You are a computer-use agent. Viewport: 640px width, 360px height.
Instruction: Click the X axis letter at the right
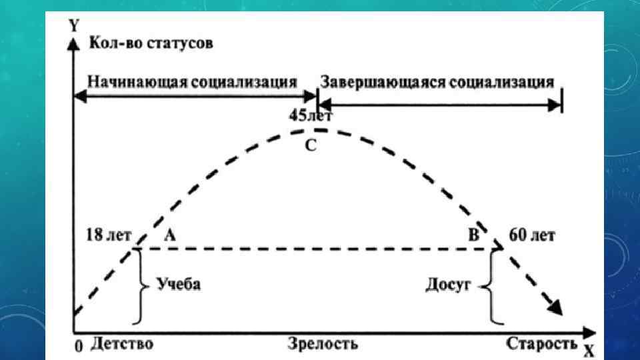(589, 350)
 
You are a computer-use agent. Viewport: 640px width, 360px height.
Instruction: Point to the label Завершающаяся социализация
(437, 82)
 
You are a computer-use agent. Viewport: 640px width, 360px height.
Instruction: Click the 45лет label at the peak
(311, 115)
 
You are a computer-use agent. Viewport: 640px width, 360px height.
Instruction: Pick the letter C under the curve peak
(311, 146)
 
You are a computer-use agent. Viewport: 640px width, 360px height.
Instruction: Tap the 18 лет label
(109, 235)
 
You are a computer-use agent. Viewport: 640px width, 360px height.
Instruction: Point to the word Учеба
(179, 284)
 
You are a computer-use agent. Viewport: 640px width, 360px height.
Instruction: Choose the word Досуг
(448, 285)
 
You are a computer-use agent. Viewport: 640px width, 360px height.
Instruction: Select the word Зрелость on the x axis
(323, 344)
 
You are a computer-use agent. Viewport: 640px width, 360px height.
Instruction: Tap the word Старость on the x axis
(541, 344)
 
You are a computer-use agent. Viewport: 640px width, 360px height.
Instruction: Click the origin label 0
(79, 347)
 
